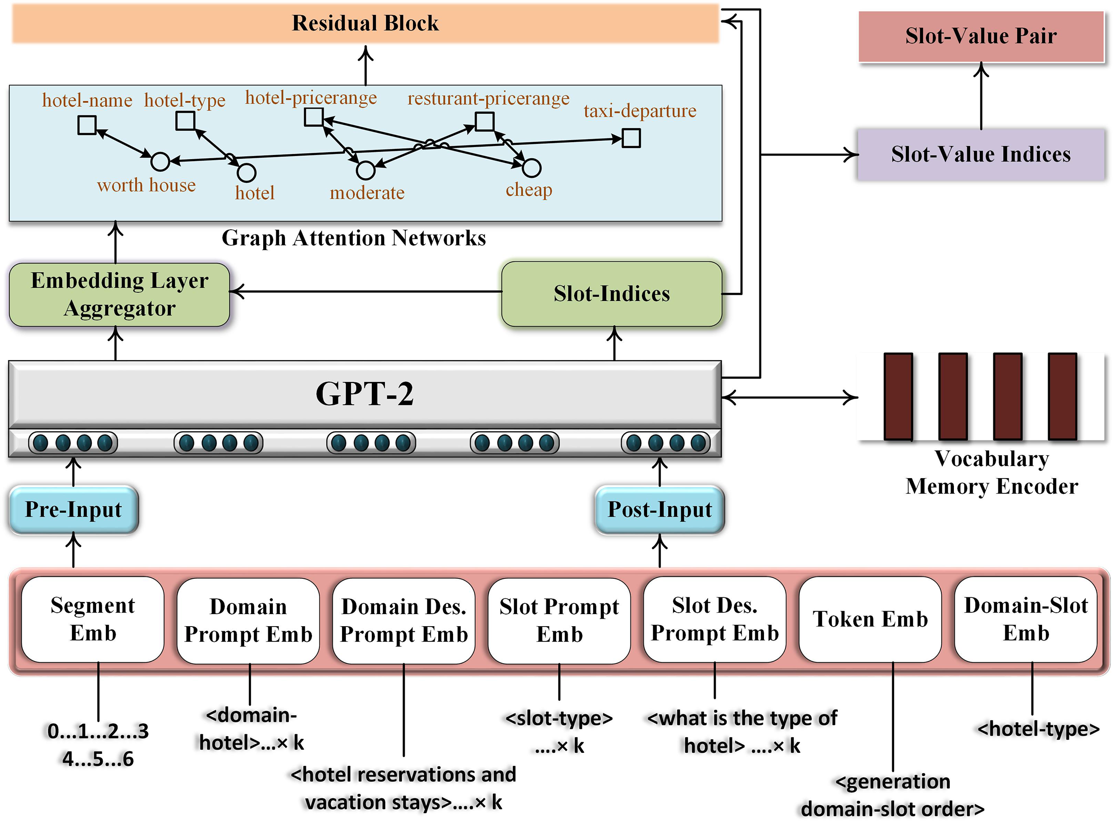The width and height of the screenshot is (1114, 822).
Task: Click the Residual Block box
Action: tap(365, 23)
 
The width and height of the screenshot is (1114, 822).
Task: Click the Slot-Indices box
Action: tap(611, 293)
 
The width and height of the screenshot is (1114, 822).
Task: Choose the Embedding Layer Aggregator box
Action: tap(119, 294)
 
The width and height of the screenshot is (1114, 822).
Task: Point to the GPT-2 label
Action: tap(365, 394)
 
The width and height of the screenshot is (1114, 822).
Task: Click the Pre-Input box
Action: tap(74, 510)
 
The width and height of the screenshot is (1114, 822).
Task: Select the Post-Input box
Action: tap(659, 510)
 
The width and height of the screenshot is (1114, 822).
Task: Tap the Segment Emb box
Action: tap(93, 619)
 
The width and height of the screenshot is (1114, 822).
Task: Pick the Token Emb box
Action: tap(870, 619)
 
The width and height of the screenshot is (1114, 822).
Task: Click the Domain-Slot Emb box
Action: tap(1025, 619)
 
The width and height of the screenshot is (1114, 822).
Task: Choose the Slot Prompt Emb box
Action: tap(559, 620)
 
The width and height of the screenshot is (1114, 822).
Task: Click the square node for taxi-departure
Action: tap(631, 138)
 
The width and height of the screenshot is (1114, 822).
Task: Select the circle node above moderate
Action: tap(366, 170)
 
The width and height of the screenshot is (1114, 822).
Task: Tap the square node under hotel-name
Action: tap(87, 125)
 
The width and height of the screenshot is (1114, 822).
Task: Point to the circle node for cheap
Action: tap(531, 168)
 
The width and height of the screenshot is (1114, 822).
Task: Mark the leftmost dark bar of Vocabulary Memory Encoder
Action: tap(898, 396)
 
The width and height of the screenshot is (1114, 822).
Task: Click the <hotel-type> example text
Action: tap(1038, 729)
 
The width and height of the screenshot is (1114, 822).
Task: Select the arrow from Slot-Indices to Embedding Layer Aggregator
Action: tap(366, 291)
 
